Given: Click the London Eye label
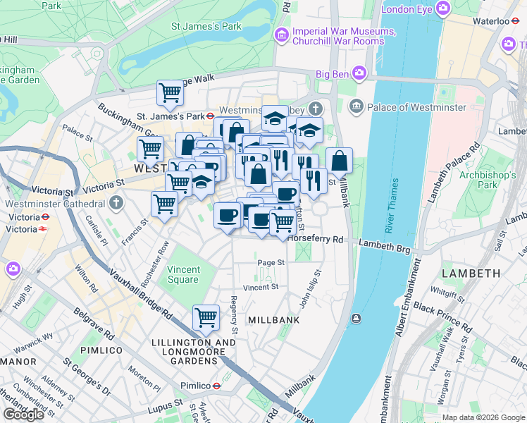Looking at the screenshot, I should pyautogui.click(x=408, y=9).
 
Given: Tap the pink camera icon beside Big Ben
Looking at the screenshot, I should pyautogui.click(x=359, y=73).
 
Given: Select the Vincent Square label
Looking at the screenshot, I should pyautogui.click(x=182, y=274).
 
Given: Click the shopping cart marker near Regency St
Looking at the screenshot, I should pyautogui.click(x=205, y=317).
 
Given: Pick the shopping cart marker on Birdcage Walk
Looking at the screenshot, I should pyautogui.click(x=169, y=92).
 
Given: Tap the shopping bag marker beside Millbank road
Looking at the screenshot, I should pyautogui.click(x=339, y=160).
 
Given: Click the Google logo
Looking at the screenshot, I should pyautogui.click(x=23, y=415).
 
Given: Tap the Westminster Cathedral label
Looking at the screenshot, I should pyautogui.click(x=49, y=203).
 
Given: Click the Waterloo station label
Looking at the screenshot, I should pyautogui.click(x=490, y=21).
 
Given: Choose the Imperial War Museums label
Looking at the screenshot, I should pyautogui.click(x=344, y=31).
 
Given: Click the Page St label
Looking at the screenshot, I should pyautogui.click(x=271, y=262).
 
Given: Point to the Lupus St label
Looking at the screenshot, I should pyautogui.click(x=166, y=409).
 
